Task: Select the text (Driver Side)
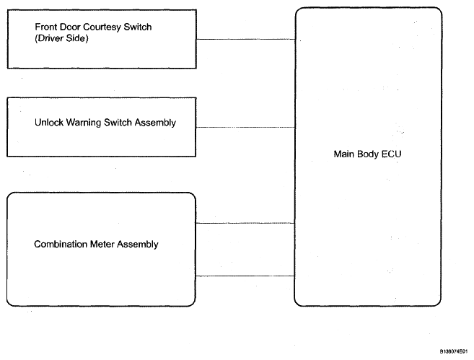point(61,38)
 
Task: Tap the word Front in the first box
point(46,27)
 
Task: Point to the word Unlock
point(48,123)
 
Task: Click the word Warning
point(84,123)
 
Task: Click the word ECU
point(391,154)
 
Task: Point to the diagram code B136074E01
point(454,351)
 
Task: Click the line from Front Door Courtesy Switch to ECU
point(246,39)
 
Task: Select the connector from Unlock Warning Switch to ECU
point(245,127)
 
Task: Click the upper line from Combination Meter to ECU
point(245,223)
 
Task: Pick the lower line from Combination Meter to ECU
point(245,276)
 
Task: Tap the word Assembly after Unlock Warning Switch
point(155,123)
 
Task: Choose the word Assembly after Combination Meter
point(138,245)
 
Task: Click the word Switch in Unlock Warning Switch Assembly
point(118,123)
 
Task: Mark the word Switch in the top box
point(138,27)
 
